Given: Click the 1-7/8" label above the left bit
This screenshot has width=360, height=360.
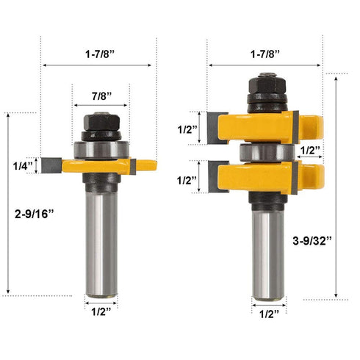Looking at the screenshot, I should tap(100, 54).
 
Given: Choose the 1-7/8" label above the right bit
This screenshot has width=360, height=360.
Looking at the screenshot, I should tap(264, 54).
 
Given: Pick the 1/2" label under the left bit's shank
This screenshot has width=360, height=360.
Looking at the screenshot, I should tap(100, 312).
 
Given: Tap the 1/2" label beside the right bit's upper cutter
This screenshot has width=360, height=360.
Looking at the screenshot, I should tap(188, 129).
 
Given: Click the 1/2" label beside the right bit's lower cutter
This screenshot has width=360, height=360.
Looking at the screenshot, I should tap(188, 180).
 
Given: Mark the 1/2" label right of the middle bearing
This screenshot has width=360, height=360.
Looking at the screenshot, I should tap(311, 151).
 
